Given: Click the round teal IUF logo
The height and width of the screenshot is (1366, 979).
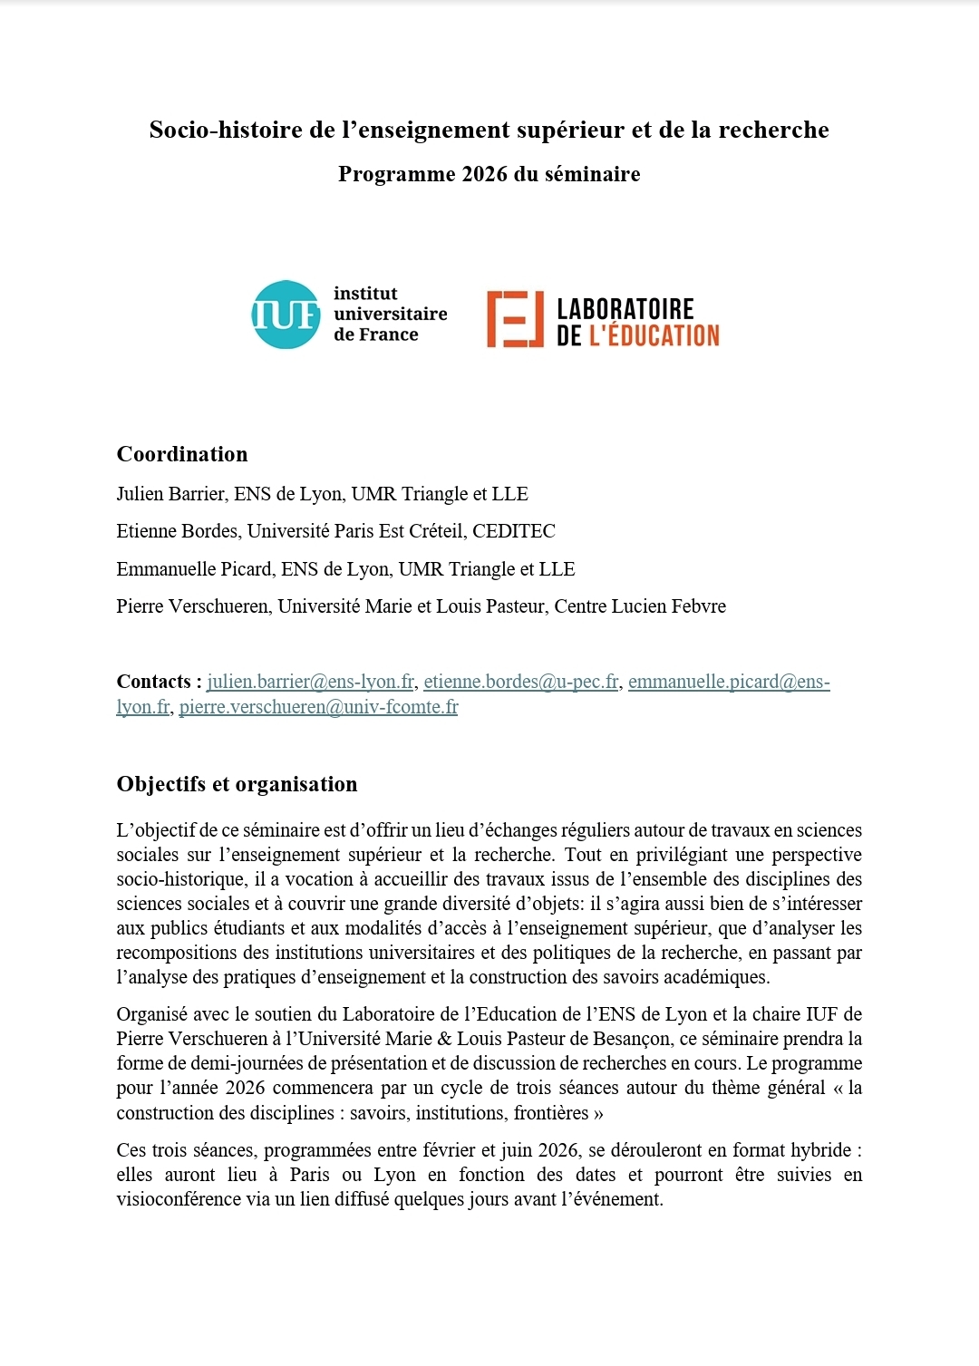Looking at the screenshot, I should click(286, 315).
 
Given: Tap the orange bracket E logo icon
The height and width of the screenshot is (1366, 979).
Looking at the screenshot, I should click(515, 319).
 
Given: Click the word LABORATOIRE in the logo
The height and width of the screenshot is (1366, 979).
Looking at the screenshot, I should click(625, 309).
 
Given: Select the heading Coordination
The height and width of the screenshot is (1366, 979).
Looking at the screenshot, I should click(182, 454).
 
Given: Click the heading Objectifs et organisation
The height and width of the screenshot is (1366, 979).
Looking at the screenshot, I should click(237, 784).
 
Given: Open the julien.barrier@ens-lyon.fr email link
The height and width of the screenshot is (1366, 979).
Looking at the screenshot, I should click(311, 682).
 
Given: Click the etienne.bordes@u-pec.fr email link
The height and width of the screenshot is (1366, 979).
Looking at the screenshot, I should click(521, 682).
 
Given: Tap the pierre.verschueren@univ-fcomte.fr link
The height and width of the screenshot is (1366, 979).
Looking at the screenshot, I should click(318, 707).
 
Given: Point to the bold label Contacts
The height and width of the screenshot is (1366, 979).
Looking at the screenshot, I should click(154, 682).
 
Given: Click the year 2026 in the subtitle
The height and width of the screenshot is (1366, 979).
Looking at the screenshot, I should click(484, 174).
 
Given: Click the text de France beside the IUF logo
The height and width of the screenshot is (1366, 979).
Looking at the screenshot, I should click(376, 334).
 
